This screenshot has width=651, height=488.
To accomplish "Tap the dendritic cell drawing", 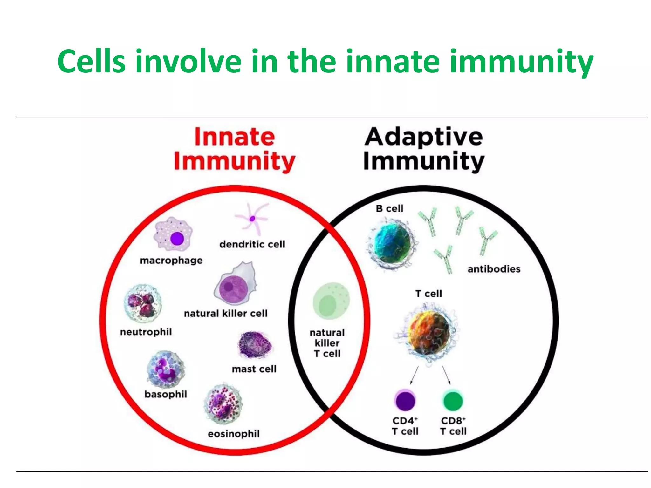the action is click(x=252, y=219).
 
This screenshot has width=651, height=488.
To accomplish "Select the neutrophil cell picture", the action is click(x=143, y=303).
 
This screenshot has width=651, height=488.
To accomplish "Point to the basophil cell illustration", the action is click(x=165, y=369).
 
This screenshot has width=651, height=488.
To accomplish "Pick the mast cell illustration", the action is click(x=255, y=345).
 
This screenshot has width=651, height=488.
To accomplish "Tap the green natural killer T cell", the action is click(x=331, y=301).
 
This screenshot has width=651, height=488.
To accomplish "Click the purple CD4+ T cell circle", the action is click(x=405, y=401).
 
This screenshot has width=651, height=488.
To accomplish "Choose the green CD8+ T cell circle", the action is click(x=453, y=401).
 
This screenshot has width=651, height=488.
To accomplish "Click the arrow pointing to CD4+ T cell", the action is click(x=414, y=376).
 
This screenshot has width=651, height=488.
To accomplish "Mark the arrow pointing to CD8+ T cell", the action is click(x=447, y=376).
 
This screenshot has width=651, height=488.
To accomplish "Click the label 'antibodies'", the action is click(x=494, y=269).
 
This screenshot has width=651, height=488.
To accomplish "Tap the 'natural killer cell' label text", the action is click(x=226, y=314).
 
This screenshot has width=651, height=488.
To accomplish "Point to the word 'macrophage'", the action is click(x=171, y=261).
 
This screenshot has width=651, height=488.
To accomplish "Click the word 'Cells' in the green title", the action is click(x=92, y=61).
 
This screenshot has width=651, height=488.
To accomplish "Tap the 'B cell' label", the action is click(x=389, y=208).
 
